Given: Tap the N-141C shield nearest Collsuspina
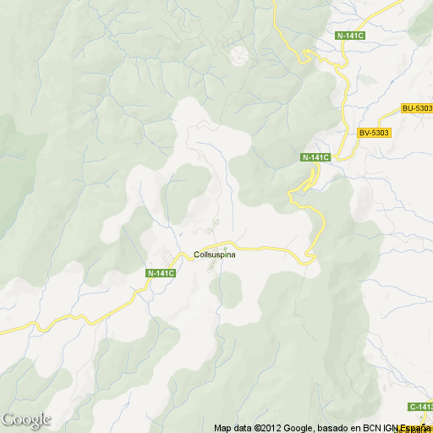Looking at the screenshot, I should pyautogui.click(x=161, y=272).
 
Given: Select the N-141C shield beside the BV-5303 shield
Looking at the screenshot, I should pyautogui.click(x=315, y=157).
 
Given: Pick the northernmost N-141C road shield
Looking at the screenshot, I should pyautogui.click(x=349, y=36).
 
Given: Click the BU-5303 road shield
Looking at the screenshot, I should pyautogui.click(x=417, y=108).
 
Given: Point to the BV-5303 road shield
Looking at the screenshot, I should pyautogui.click(x=373, y=133).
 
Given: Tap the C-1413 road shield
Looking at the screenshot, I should pyautogui.click(x=420, y=407).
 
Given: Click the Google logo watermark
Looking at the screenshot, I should pyautogui.click(x=25, y=419).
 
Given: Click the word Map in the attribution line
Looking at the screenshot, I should pyautogui.click(x=222, y=428).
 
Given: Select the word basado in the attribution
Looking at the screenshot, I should pyautogui.click(x=326, y=428).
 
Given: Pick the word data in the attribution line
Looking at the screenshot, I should pyautogui.click(x=241, y=428).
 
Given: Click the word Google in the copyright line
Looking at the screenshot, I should pyautogui.click(x=289, y=428).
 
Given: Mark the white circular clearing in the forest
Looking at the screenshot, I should pyautogui.click(x=240, y=56).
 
